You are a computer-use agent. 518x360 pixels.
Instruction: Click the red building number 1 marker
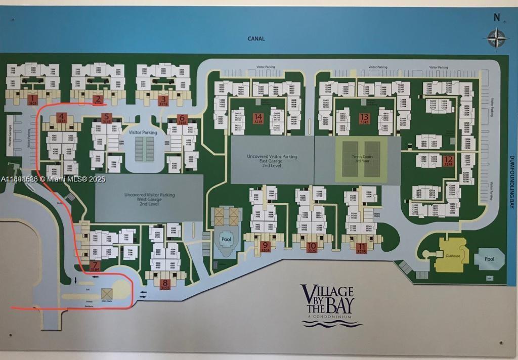[x=33, y=99]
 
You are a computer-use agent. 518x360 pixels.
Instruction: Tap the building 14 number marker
[x=258, y=118]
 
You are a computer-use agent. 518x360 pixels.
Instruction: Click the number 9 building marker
[x=266, y=247]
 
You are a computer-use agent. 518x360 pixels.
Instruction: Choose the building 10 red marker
[x=312, y=247]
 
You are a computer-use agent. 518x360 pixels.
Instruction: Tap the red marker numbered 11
[x=361, y=247]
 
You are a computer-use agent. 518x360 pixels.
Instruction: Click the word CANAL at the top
[x=256, y=38]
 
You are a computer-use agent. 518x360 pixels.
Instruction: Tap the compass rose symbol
[x=497, y=38]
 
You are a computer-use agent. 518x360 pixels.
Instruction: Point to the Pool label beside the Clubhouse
[x=489, y=259]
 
